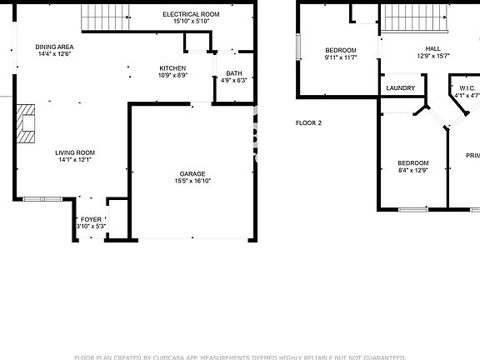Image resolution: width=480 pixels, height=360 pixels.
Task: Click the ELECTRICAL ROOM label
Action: point(191,14)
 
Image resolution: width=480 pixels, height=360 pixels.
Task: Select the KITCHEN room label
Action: point(172,67)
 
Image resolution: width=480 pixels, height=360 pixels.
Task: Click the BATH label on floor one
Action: point(233,73)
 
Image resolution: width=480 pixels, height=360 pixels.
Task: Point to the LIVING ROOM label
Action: point(75,152)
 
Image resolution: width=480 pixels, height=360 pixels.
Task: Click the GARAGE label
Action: point(192,173)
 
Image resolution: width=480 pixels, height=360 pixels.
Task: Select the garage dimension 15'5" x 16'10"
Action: point(192,181)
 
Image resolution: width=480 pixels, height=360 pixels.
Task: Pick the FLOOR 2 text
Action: point(308,122)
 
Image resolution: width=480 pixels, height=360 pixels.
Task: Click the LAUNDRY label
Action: point(400,87)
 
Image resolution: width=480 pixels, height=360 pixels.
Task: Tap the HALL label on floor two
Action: point(433,49)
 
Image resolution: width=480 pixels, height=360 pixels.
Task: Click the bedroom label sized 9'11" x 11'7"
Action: point(340,50)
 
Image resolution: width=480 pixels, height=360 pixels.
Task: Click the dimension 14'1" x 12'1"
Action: point(75,160)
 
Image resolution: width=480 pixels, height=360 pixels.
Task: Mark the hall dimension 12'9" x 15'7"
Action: point(433,57)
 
